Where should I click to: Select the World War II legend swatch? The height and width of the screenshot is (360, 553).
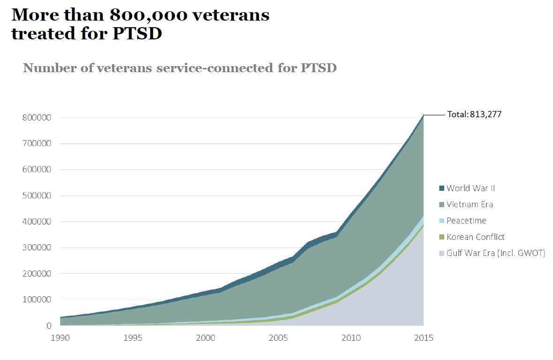441,188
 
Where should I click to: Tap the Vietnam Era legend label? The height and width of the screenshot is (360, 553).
470,204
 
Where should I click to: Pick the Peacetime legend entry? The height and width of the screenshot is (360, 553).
466,221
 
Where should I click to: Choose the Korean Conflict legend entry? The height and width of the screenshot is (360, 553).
475,237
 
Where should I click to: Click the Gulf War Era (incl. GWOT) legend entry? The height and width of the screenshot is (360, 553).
495,254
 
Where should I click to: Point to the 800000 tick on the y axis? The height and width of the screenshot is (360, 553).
37,118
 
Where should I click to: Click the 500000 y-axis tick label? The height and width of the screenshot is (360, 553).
37,195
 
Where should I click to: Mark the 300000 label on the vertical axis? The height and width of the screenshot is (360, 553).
37,247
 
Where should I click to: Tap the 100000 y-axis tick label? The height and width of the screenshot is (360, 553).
37,300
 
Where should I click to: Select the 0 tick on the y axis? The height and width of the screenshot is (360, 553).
49,326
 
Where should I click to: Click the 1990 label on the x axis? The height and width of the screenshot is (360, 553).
61,337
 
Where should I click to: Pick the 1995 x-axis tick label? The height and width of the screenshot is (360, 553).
133,337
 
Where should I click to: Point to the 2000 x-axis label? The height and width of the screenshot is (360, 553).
206,337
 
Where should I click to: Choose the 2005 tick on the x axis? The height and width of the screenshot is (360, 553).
279,337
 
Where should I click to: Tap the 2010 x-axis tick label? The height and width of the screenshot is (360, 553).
351,337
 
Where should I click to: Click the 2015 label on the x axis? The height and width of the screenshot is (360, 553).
424,337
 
